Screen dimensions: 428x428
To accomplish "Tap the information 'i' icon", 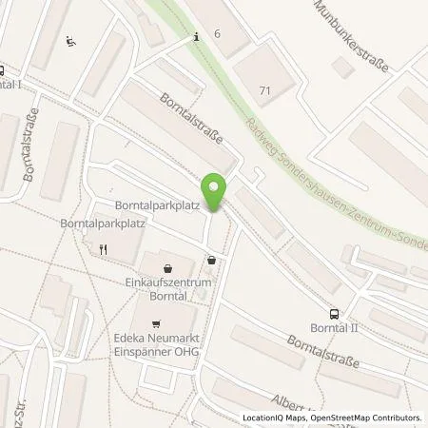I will (197, 37).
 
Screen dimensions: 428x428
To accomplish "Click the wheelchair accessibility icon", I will (71, 42).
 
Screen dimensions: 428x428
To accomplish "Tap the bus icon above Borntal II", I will (334, 313).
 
